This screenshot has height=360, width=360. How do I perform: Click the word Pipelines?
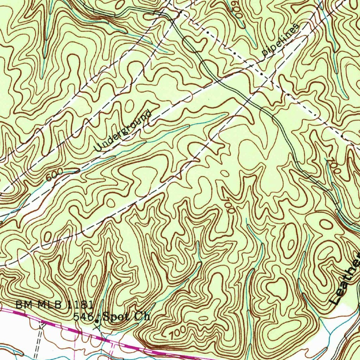click(x=281, y=40)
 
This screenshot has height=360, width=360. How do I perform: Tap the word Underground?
click(x=123, y=131)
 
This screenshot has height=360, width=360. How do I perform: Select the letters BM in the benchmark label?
click(x=21, y=305)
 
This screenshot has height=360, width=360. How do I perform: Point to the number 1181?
click(x=80, y=305)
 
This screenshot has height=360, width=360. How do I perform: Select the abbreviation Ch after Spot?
click(x=142, y=316)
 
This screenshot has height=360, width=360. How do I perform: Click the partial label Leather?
click(x=346, y=279)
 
